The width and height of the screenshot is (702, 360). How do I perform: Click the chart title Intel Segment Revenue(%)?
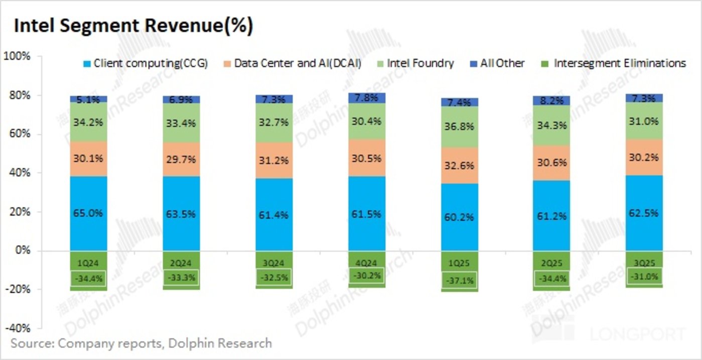pos(133,26)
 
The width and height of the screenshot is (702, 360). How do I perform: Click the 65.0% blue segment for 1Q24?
pos(88,213)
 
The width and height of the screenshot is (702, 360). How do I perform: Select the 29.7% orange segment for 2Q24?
pos(182,159)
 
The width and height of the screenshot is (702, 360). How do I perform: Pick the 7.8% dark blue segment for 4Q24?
pos(367,97)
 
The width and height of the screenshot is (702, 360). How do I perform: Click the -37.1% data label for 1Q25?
pos(460,281)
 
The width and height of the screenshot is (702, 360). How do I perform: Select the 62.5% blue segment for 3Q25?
pos(644,213)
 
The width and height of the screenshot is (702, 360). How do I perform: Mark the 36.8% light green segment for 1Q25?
pos(460,127)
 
